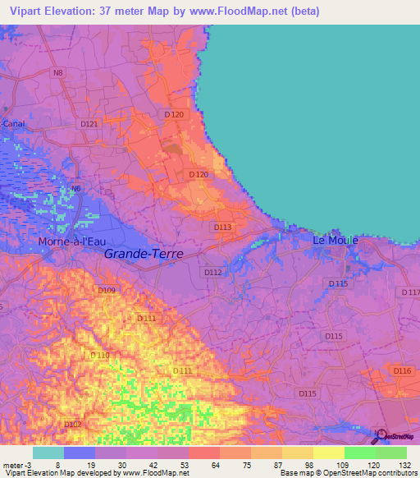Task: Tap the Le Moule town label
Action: tap(336, 241)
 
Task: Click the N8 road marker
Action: tap(57, 73)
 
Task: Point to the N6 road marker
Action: tap(75, 188)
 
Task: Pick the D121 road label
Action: tap(89, 124)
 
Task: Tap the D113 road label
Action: tap(223, 227)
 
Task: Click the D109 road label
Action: tap(107, 291)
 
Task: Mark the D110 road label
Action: tap(99, 355)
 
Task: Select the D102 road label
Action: tap(73, 424)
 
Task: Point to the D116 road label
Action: tap(402, 372)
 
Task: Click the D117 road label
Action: tap(410, 292)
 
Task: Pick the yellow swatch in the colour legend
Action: tap(297, 453)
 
